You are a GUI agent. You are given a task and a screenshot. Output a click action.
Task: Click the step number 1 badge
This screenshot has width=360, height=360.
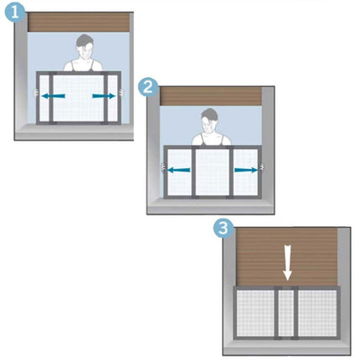coord(14,13)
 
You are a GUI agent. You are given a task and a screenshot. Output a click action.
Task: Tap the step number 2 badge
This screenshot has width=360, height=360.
coord(148,87)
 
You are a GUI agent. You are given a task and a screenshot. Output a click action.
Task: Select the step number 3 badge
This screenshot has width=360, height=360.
coord(224,229)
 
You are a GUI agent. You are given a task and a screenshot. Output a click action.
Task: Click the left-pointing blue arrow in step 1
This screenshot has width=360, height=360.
coord(54,96)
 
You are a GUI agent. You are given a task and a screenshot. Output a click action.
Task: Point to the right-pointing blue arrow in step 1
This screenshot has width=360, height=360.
coord(104,96)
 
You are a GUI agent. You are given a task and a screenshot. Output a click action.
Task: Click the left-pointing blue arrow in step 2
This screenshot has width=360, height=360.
coord(179,170)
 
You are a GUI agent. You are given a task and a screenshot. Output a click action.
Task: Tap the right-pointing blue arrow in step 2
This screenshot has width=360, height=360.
coord(246,170)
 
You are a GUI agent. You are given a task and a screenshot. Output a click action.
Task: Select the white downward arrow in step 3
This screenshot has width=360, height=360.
coord(287,263)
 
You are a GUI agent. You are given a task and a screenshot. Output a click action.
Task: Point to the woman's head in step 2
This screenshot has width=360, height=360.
coord(209,121)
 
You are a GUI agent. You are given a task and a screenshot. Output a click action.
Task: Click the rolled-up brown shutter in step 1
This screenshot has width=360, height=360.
coord(79,22)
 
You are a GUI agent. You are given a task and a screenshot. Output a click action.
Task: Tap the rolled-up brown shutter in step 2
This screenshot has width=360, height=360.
coord(211,96)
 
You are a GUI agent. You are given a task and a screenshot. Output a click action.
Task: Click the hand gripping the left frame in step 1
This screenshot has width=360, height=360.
coord(36,93)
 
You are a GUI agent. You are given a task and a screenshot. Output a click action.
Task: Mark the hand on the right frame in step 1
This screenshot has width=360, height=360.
coord(121,93)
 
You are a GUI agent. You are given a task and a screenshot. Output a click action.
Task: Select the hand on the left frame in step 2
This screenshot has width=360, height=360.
coord(163,168)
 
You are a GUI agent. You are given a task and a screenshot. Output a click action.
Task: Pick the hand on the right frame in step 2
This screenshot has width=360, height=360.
coord(261,167)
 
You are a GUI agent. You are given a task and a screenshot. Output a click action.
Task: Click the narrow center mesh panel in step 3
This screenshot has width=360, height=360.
coord(286,313)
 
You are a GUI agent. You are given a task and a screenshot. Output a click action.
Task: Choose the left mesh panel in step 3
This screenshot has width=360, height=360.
coord(255,313)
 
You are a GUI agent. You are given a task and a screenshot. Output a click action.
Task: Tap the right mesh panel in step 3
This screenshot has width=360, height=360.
coord(317,313)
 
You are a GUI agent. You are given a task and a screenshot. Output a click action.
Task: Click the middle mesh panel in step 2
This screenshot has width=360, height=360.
coord(212,172)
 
